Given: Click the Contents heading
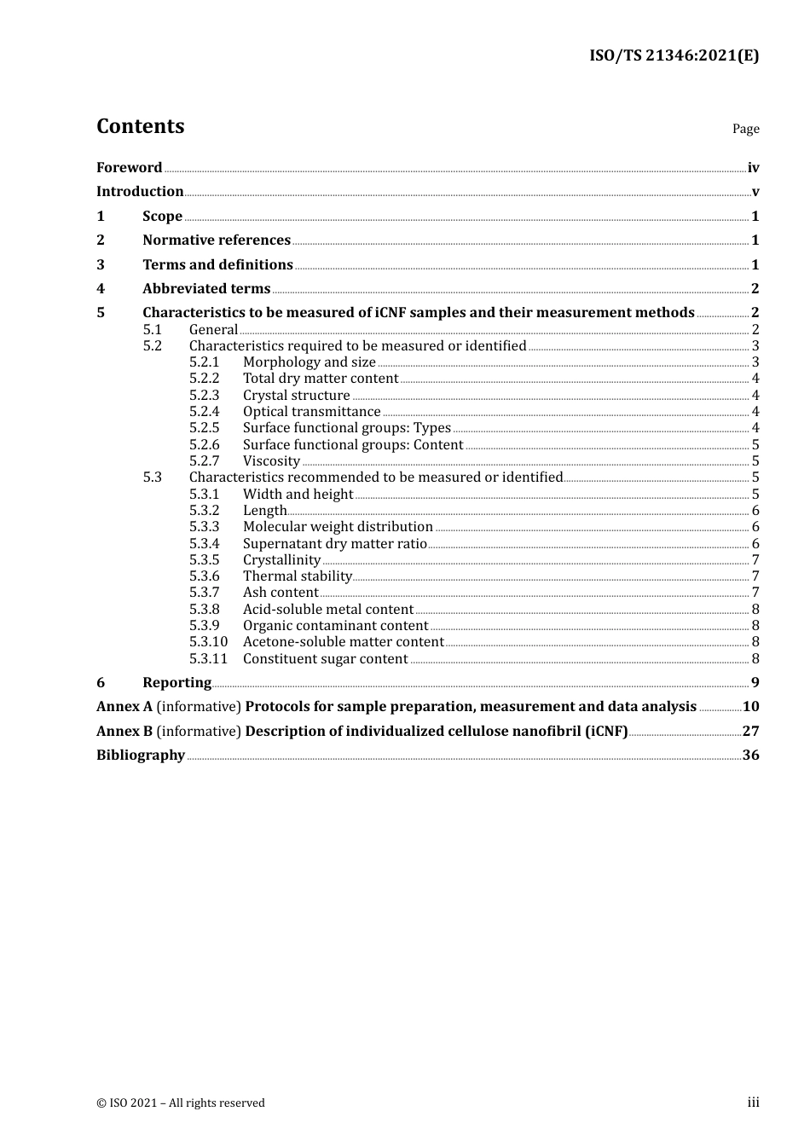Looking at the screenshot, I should (140, 126).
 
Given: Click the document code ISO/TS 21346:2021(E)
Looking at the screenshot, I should (674, 55).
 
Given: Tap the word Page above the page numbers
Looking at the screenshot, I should (745, 129).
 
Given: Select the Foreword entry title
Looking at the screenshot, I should (129, 167).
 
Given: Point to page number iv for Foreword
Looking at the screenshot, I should (753, 167).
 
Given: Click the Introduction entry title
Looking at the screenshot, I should (140, 191).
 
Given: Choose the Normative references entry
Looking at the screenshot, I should (217, 240).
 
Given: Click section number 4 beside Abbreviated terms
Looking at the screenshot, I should (101, 288).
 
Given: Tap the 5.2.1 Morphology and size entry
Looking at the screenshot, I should (309, 362).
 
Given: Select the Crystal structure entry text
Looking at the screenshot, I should (296, 395).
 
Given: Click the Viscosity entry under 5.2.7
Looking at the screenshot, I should (271, 460).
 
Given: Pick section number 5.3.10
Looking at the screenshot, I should (208, 641).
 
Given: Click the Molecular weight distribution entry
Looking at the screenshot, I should (338, 526).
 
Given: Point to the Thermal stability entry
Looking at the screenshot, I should (298, 576).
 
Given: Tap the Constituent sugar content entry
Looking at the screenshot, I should (325, 658).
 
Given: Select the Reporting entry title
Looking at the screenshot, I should (176, 682).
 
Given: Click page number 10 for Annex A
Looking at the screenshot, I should (750, 706).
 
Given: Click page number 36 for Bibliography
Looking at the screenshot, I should (750, 755).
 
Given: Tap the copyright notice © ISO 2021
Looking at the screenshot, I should (180, 1103).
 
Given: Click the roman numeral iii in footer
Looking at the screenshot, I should (753, 1102).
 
